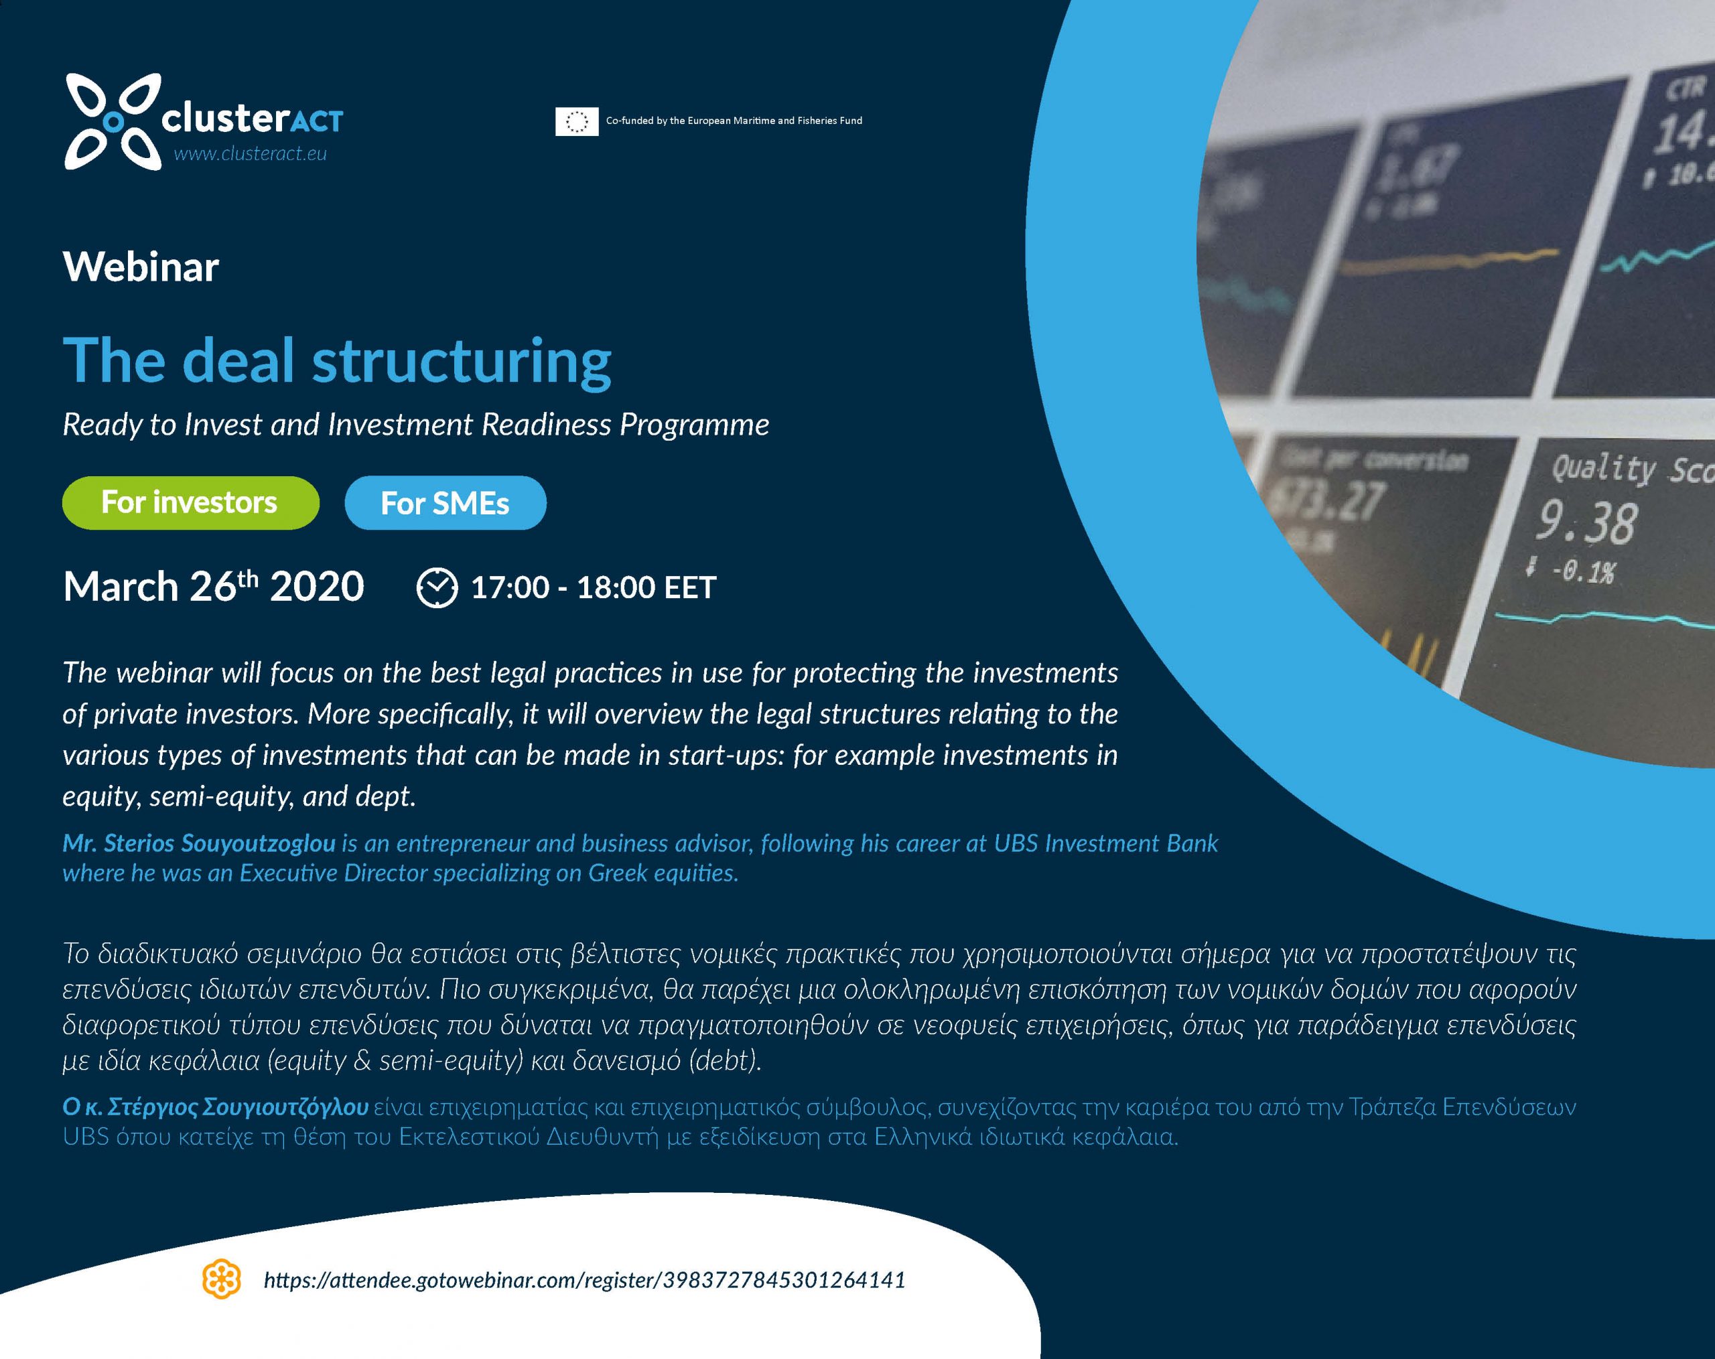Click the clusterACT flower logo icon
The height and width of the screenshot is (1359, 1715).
pos(113,122)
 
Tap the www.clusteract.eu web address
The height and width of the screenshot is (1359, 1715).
pos(250,153)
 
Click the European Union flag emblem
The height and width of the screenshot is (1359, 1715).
pos(577,121)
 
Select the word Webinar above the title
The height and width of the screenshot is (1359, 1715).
pos(141,267)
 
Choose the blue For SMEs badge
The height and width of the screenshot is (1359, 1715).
pos(445,502)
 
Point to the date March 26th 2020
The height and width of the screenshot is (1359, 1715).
pos(213,586)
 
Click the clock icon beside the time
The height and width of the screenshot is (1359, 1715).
pos(437,587)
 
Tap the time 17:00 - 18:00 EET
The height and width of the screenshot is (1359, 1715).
pos(594,587)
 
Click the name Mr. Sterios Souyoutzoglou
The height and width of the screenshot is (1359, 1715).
pos(199,843)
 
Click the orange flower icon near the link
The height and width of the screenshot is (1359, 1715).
pos(221,1279)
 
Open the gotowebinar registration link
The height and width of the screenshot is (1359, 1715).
pos(585,1279)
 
